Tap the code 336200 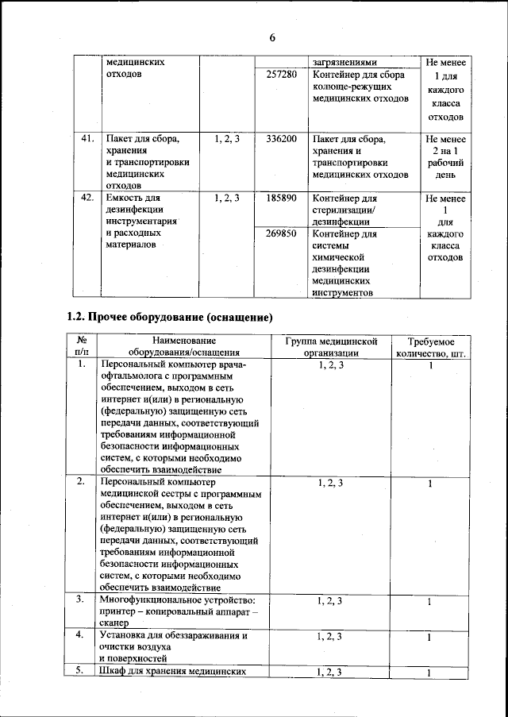[x=281, y=139]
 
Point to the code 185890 [x=281, y=198]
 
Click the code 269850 [x=281, y=234]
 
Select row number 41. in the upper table [x=87, y=139]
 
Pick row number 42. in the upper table [x=87, y=198]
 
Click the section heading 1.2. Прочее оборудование [x=169, y=318]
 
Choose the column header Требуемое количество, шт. [x=429, y=347]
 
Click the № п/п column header [x=82, y=347]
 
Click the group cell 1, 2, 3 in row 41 [x=227, y=139]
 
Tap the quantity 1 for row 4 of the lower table [x=429, y=638]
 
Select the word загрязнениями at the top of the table [x=344, y=62]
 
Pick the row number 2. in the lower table [x=82, y=481]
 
